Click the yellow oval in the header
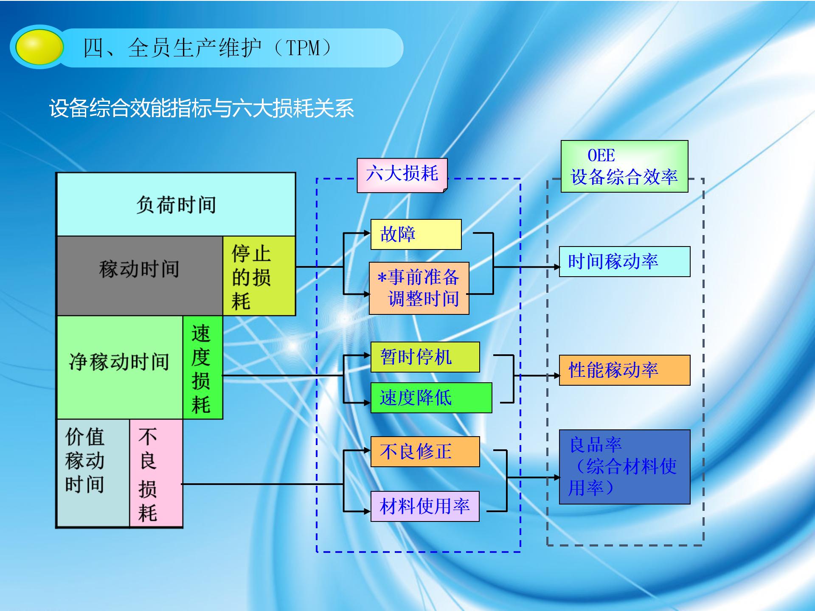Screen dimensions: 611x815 [39, 47]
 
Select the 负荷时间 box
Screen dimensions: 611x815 [176, 205]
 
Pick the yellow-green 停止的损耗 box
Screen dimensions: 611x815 [259, 276]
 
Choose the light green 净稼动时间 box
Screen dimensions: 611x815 [120, 367]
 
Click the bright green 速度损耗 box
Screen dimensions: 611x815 [202, 367]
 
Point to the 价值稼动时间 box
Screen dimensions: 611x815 [93, 473]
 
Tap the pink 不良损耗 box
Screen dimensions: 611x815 [156, 473]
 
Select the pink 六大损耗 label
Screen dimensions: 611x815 [402, 175]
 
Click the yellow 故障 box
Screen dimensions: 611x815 [416, 234]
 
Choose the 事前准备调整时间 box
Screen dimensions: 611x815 [419, 288]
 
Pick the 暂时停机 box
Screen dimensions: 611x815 [425, 357]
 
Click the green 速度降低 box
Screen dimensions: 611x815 [431, 398]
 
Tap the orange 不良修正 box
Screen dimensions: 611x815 [425, 451]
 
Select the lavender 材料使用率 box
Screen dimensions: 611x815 [425, 506]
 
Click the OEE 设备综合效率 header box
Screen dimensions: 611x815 [624, 166]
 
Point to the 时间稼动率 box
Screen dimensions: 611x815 [624, 261]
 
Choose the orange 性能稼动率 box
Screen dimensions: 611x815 [624, 370]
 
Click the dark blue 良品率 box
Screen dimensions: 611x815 [624, 467]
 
